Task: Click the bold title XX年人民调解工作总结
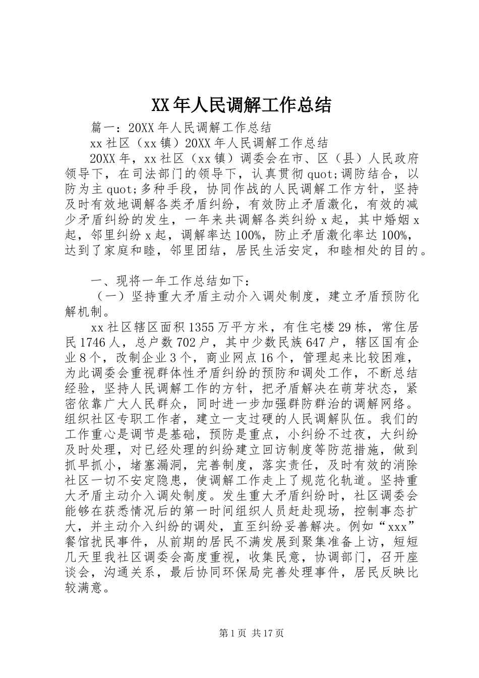click(241, 105)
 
